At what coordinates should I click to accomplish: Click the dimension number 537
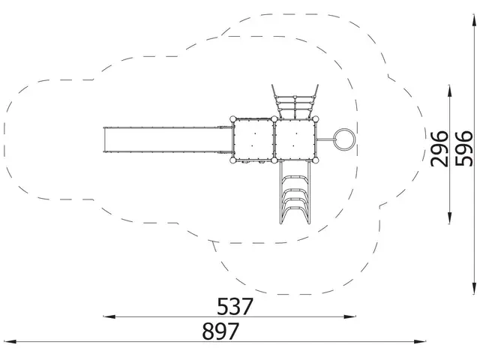[235, 306]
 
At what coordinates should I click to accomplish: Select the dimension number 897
[220, 331]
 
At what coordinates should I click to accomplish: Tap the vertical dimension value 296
[439, 148]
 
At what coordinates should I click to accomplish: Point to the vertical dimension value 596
[463, 148]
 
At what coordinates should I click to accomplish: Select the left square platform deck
[253, 139]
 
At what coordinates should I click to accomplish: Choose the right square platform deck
[295, 139]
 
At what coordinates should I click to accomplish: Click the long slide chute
[168, 139]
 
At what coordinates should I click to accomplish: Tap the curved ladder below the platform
[295, 193]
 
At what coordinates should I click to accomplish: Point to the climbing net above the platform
[295, 102]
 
